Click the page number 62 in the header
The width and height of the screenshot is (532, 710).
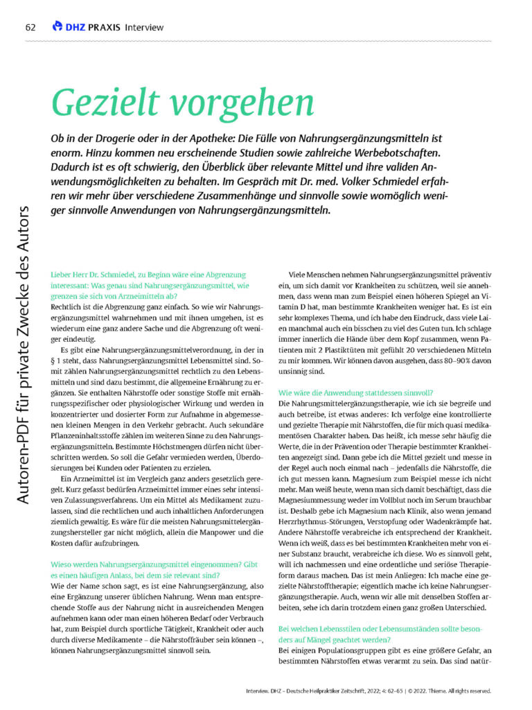pos(30,27)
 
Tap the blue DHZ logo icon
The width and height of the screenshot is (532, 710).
pos(57,26)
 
